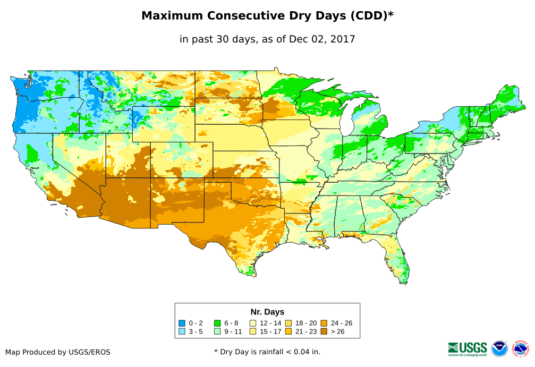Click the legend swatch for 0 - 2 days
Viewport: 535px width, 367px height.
[182, 323]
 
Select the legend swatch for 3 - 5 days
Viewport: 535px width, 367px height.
[182, 331]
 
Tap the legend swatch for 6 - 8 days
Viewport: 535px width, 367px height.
[217, 323]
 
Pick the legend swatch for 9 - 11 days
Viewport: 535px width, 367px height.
[217, 331]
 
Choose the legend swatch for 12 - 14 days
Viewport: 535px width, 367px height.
[253, 323]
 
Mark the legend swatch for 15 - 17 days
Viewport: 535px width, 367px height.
[253, 331]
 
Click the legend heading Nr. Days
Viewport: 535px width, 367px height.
[267, 312]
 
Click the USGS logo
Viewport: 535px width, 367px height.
[468, 348]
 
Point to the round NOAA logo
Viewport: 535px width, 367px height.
[499, 348]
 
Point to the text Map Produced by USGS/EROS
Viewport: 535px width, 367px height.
[58, 352]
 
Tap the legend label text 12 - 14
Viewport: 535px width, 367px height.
[269, 323]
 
